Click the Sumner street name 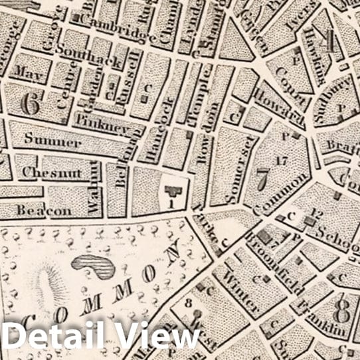point(53,141)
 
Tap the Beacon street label point(44,210)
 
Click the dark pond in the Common point(94,266)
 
